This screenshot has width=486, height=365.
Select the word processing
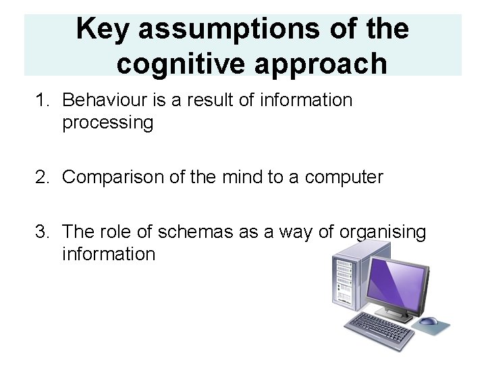point(107,123)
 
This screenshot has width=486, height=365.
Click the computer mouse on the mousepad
point(429,322)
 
